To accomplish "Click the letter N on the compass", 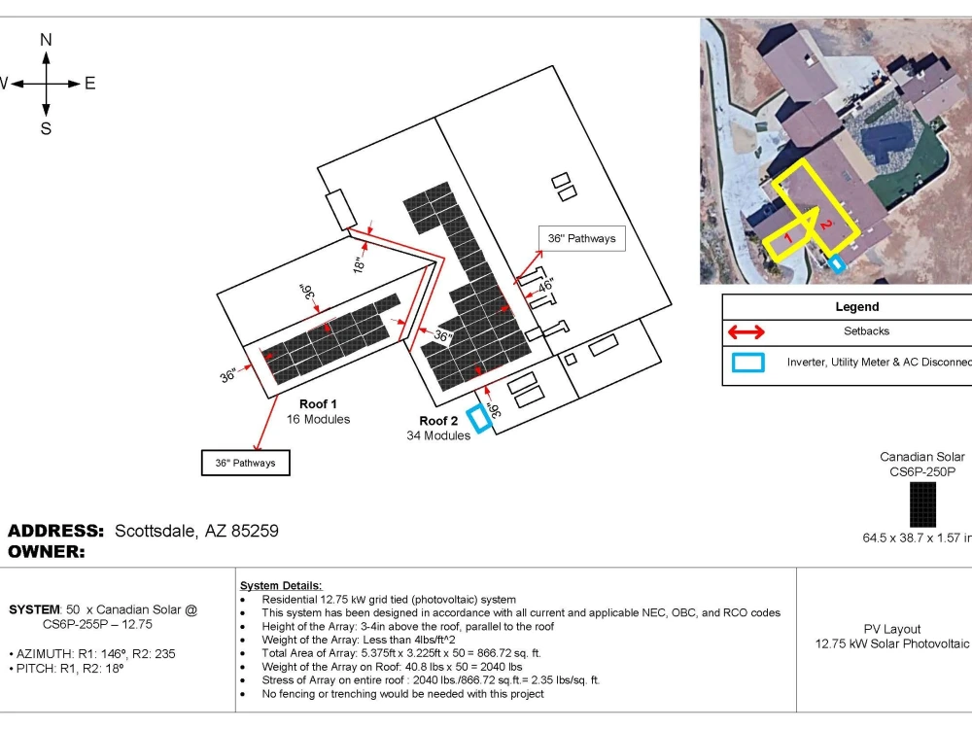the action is pyautogui.click(x=46, y=40).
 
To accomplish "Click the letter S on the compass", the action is pyautogui.click(x=46, y=128).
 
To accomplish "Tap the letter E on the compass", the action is pyautogui.click(x=89, y=83).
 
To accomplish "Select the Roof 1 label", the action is pyautogui.click(x=318, y=403).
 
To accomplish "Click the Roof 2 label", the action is pyautogui.click(x=438, y=420).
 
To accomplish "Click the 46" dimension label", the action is pyautogui.click(x=545, y=286).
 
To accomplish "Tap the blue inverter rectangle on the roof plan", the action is pyautogui.click(x=479, y=418).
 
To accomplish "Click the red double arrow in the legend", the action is pyautogui.click(x=746, y=332).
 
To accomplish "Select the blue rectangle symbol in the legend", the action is pyautogui.click(x=747, y=362).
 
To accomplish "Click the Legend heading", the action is pyautogui.click(x=856, y=306).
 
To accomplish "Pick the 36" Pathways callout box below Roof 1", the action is pyautogui.click(x=246, y=463).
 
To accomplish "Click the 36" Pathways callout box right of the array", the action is pyautogui.click(x=581, y=238).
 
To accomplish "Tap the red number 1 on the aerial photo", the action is pyautogui.click(x=787, y=237).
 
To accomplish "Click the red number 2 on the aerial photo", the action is pyautogui.click(x=825, y=224).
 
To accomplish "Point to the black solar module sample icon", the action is pyautogui.click(x=922, y=504).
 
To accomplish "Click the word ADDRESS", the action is pyautogui.click(x=55, y=531).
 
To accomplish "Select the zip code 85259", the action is pyautogui.click(x=255, y=531).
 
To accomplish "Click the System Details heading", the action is pyautogui.click(x=281, y=585).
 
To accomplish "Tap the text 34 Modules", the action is pyautogui.click(x=438, y=435).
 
